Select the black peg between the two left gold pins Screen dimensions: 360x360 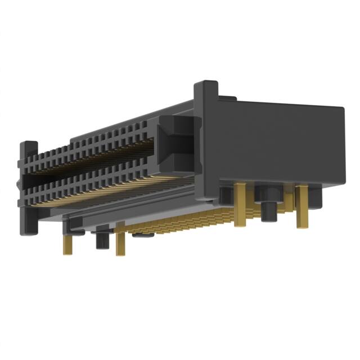tap(102, 237)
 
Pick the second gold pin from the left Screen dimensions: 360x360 tap(120, 238)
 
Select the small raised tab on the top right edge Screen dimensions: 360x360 tap(227, 99)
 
